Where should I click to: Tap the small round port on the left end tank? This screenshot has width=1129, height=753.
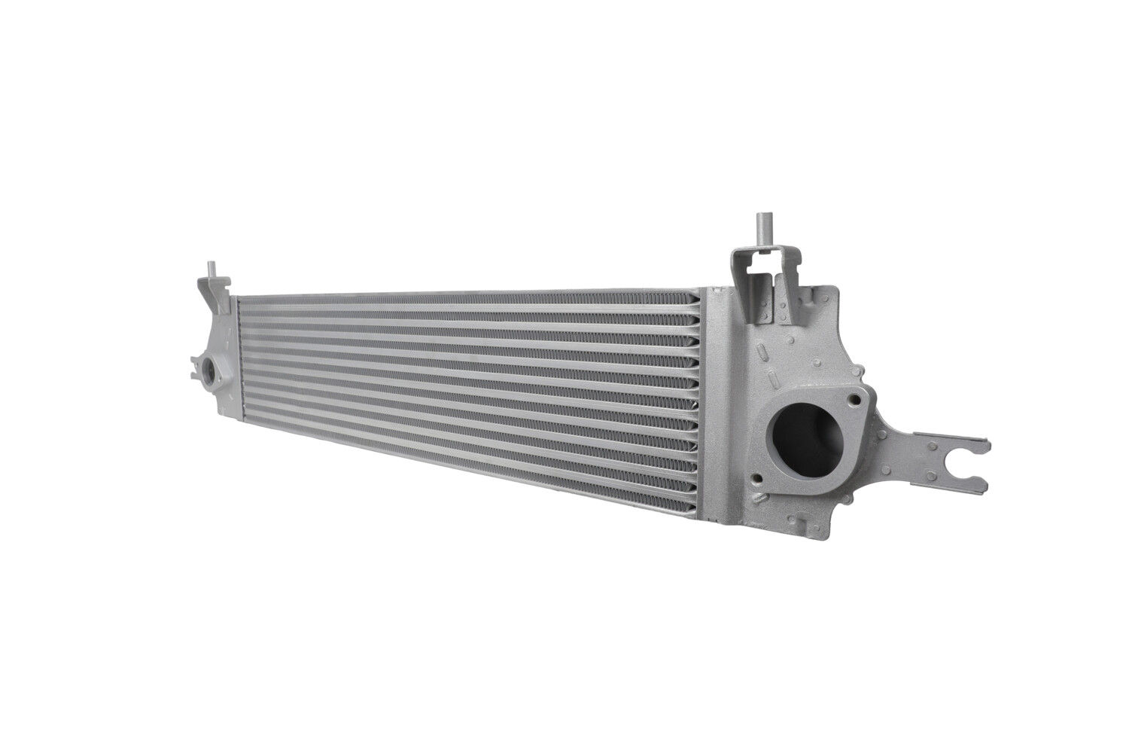pyautogui.click(x=207, y=371)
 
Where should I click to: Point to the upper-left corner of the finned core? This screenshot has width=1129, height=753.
pyautogui.click(x=239, y=300)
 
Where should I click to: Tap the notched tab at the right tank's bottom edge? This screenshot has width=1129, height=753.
pyautogui.click(x=805, y=521)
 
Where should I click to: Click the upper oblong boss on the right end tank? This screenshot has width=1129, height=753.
pyautogui.click(x=762, y=352)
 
